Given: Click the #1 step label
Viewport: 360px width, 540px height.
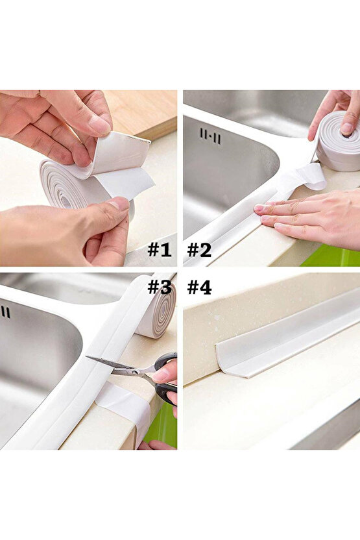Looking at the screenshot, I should click(x=159, y=249).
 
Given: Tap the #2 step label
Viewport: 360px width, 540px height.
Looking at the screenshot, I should click(x=199, y=249).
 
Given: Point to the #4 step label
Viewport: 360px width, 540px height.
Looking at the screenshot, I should click(x=199, y=286).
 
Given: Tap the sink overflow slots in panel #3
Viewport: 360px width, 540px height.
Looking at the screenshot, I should click(x=6, y=312).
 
